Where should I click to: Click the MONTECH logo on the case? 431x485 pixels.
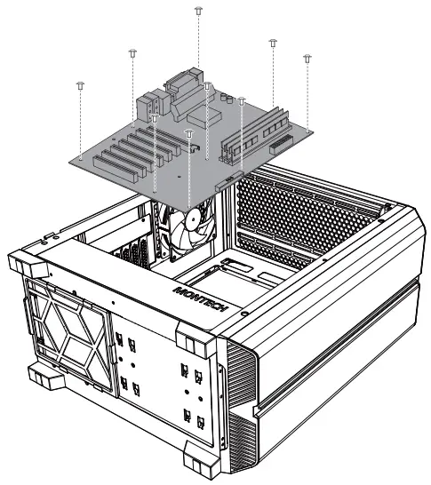coord(201,299)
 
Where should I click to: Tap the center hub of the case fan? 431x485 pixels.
coord(194,219)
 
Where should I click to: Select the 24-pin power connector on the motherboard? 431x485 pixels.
coord(281,145)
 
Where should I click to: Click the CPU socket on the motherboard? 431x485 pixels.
coord(204,117)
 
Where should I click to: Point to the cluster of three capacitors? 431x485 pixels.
coord(227,98)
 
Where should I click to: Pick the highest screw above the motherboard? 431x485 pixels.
coord(199,10)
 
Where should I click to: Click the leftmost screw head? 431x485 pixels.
coord(81,85)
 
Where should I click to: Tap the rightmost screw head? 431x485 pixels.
coord(307,58)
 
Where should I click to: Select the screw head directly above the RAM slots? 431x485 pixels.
coord(273,43)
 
